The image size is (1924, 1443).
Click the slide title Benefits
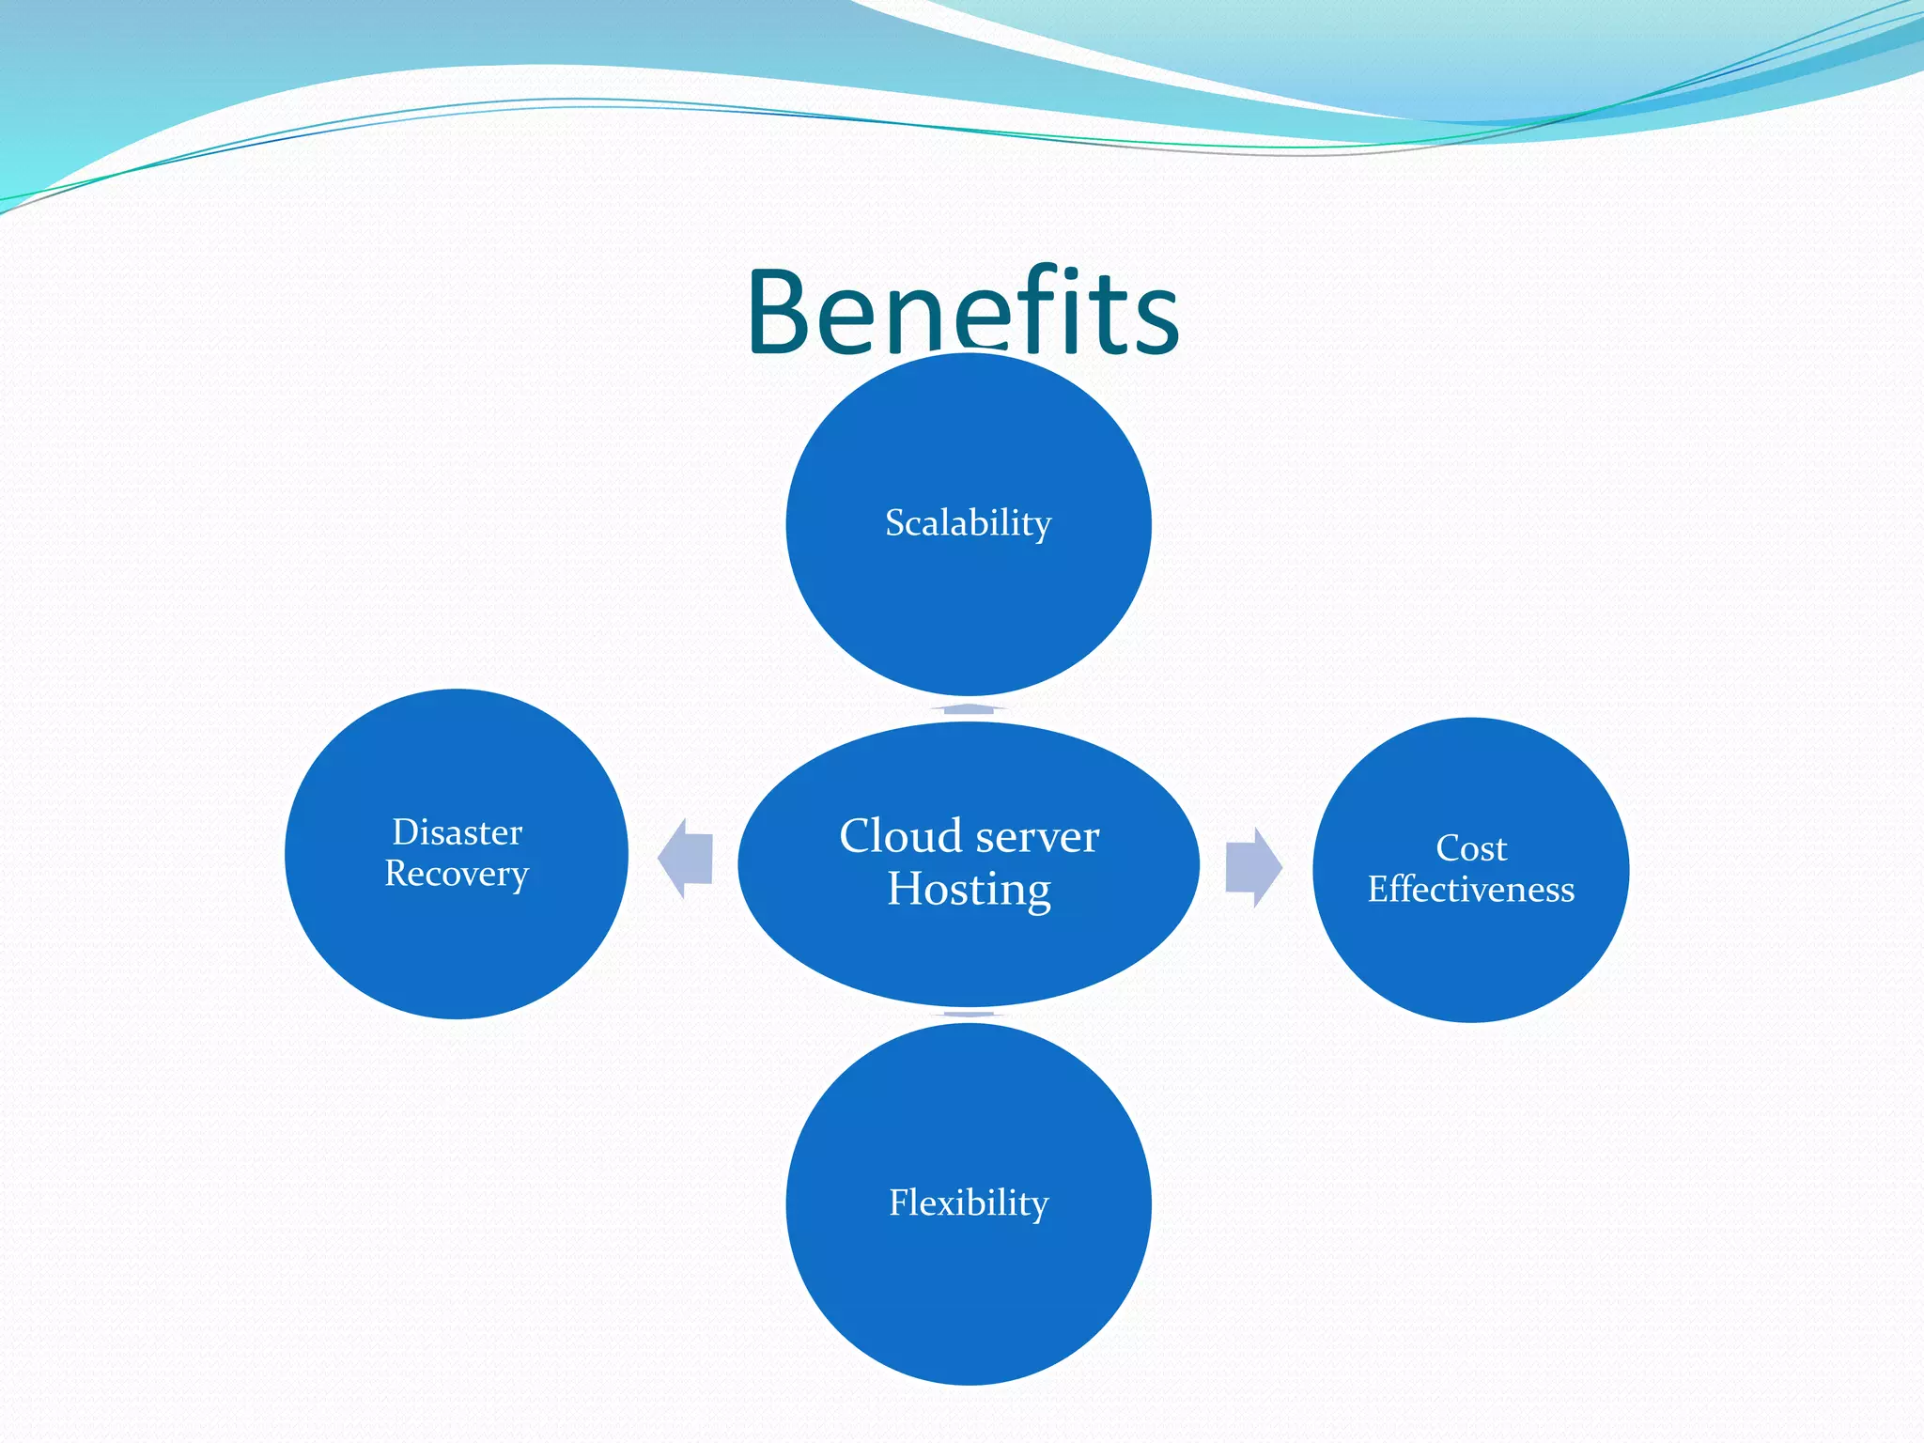(963, 312)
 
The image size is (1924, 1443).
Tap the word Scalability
(968, 523)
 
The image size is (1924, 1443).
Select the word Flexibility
(969, 1203)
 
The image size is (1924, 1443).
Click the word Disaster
(457, 832)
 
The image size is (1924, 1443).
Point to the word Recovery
(457, 875)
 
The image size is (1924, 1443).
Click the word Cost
(1471, 848)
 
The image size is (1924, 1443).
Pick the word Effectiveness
(1471, 890)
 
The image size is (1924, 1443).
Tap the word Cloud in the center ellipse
(900, 836)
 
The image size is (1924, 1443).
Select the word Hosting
(969, 890)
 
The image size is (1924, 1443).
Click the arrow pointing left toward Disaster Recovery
(686, 859)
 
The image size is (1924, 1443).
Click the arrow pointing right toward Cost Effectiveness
(1253, 866)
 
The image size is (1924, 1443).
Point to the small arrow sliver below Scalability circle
(969, 708)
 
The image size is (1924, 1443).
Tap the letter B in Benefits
(785, 314)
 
